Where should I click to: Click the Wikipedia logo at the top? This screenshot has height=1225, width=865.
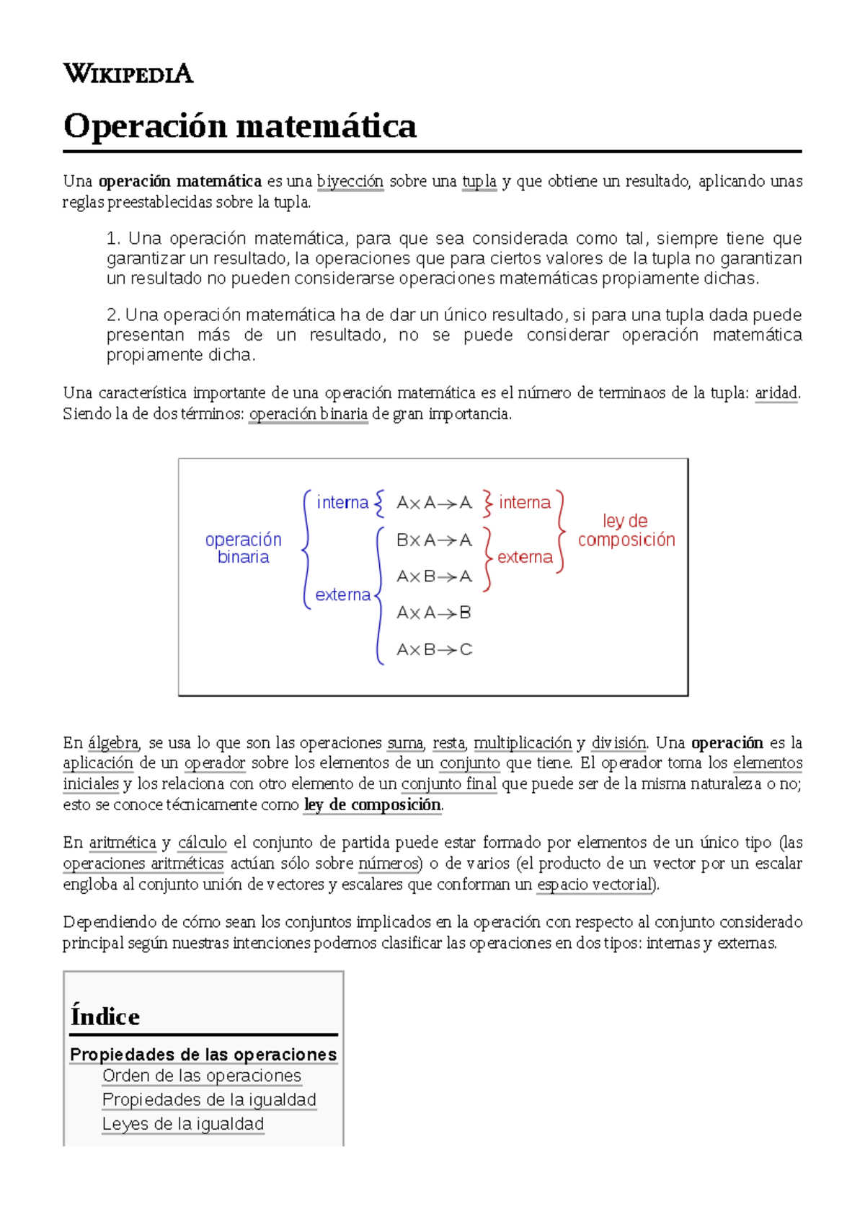coord(128,74)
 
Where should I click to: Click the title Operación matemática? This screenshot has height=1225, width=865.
coord(239,126)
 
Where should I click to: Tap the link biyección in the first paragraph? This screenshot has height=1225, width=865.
coord(350,181)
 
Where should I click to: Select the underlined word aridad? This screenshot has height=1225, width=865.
coord(776,393)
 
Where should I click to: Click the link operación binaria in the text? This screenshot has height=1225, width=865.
coord(308,414)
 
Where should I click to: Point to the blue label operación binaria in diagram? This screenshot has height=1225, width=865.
coord(243,548)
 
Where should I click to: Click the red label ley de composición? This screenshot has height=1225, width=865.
coord(626,530)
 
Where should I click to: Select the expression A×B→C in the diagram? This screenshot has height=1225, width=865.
coord(434,649)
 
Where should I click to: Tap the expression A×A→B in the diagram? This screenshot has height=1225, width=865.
coord(434,612)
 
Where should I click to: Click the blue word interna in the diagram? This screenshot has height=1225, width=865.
coord(342,502)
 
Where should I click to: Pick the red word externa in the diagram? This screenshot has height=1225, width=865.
coord(525,557)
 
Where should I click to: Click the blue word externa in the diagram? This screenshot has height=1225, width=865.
coord(342,594)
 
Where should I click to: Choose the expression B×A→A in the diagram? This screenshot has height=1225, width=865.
coord(434,540)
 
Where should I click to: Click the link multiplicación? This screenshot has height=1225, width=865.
coord(523,743)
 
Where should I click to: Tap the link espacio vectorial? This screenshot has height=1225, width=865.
coord(594,884)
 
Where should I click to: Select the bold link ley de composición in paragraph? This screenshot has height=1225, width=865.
coord(372,805)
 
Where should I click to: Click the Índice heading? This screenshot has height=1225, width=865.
coord(105,1017)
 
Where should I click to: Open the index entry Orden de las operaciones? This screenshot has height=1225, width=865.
coord(201,1076)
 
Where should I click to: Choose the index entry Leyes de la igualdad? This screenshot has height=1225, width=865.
coord(183,1124)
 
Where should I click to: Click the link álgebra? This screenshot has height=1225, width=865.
coord(113,743)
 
